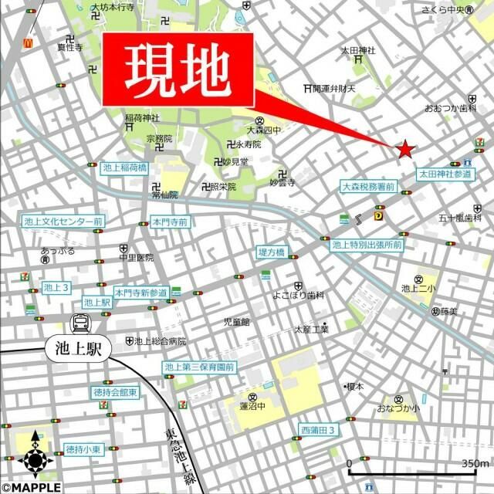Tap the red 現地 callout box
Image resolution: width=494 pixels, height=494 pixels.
tap(178, 70)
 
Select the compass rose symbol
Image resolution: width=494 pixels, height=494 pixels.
tap(36, 458)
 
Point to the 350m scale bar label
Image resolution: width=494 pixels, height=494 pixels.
tap(475, 462)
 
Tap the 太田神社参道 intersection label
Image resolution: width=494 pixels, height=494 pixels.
tap(445, 175)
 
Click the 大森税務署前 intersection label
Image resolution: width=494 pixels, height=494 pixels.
tap(368, 187)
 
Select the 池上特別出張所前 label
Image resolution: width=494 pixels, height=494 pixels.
tap(367, 245)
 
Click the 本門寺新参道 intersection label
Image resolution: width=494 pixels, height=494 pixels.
tap(140, 293)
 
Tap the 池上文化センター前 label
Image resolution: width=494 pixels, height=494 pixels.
tap(63, 222)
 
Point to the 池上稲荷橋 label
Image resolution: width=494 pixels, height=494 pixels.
tap(123, 167)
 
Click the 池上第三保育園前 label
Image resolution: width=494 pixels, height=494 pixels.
tap(199, 367)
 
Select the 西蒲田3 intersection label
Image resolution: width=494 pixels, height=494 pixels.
tap(318, 430)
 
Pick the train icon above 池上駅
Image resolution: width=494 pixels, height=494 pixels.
tap(80, 323)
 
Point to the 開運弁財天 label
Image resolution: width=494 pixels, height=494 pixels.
tap(334, 87)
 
